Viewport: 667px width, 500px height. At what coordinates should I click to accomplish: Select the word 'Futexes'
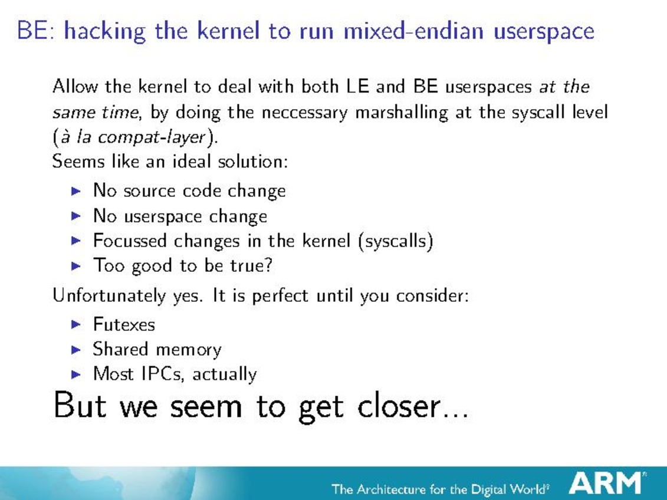click(x=124, y=324)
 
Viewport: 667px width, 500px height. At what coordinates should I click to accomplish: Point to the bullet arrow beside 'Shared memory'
click(x=76, y=350)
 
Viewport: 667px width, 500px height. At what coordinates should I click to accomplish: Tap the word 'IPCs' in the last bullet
click(x=163, y=374)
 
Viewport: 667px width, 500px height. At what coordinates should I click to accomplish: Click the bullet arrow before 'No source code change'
click(x=76, y=191)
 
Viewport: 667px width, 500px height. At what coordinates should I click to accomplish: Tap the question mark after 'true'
click(x=268, y=265)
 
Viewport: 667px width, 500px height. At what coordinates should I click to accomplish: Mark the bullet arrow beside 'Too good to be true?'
click(x=76, y=266)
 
